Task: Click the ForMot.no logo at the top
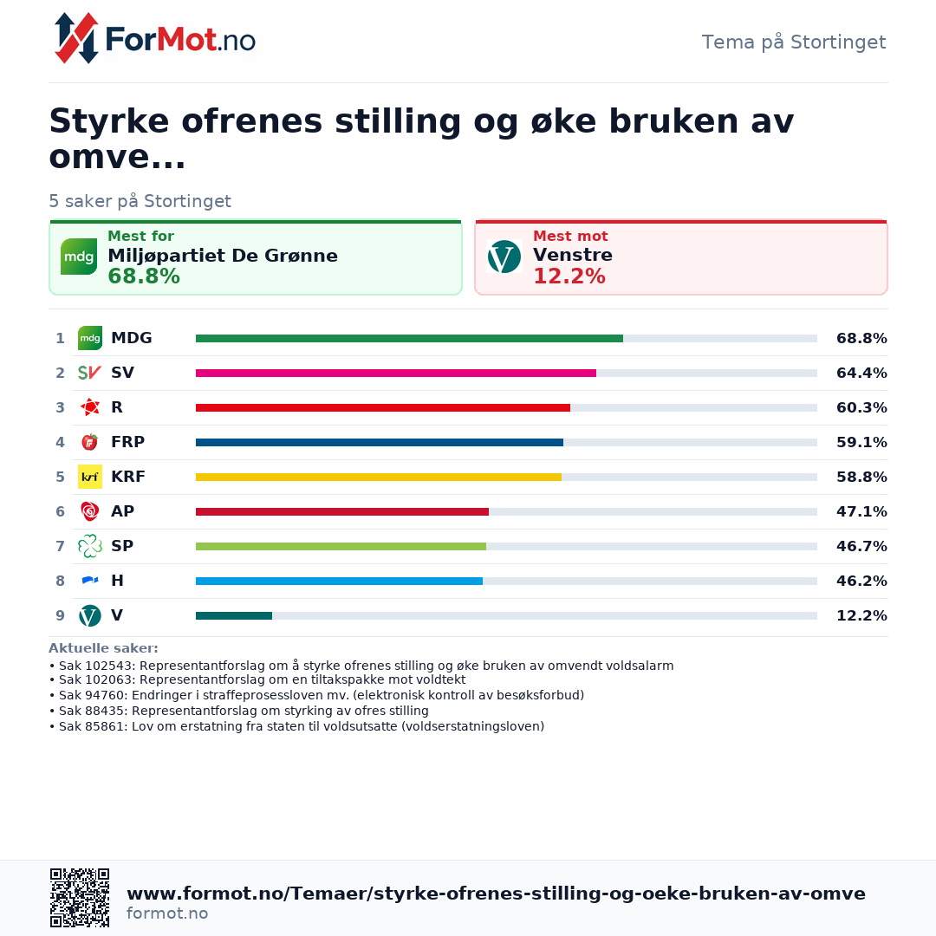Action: (154, 39)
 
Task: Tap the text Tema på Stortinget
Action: (793, 42)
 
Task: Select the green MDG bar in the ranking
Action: (409, 339)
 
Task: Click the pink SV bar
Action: (396, 373)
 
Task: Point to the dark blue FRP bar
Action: (380, 442)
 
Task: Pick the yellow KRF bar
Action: (379, 477)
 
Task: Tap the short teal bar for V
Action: (234, 615)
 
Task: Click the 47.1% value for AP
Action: (861, 511)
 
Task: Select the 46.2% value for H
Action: (861, 581)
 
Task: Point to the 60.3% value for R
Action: (861, 407)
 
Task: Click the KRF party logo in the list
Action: (90, 477)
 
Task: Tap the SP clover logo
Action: (90, 546)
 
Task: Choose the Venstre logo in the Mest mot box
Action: (504, 257)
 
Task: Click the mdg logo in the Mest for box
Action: (79, 257)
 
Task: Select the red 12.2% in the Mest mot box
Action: (569, 276)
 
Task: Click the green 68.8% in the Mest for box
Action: (144, 276)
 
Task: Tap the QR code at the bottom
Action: (80, 898)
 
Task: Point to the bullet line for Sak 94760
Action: (317, 695)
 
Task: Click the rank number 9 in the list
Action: (61, 615)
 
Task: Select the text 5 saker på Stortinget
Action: (140, 201)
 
